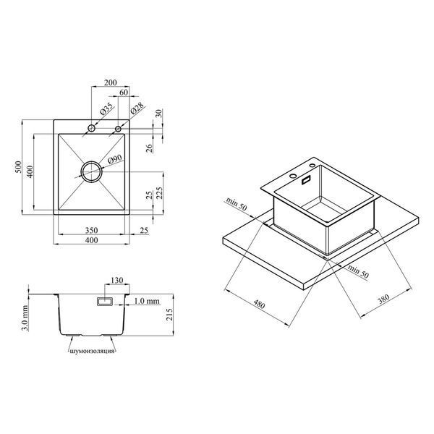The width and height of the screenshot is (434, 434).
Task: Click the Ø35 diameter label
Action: tap(106, 109)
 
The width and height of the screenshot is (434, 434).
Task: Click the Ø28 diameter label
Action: tap(137, 109)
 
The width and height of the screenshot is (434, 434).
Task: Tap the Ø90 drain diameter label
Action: tap(114, 160)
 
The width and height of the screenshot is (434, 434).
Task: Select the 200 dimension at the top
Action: tap(111, 82)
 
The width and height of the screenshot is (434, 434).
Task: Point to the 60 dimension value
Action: tap(124, 92)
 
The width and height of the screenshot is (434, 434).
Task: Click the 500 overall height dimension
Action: tap(18, 167)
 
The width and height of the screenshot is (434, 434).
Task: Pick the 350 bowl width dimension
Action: tap(91, 230)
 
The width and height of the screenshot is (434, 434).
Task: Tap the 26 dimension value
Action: tap(149, 148)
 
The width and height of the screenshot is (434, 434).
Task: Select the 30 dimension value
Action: tap(158, 114)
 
